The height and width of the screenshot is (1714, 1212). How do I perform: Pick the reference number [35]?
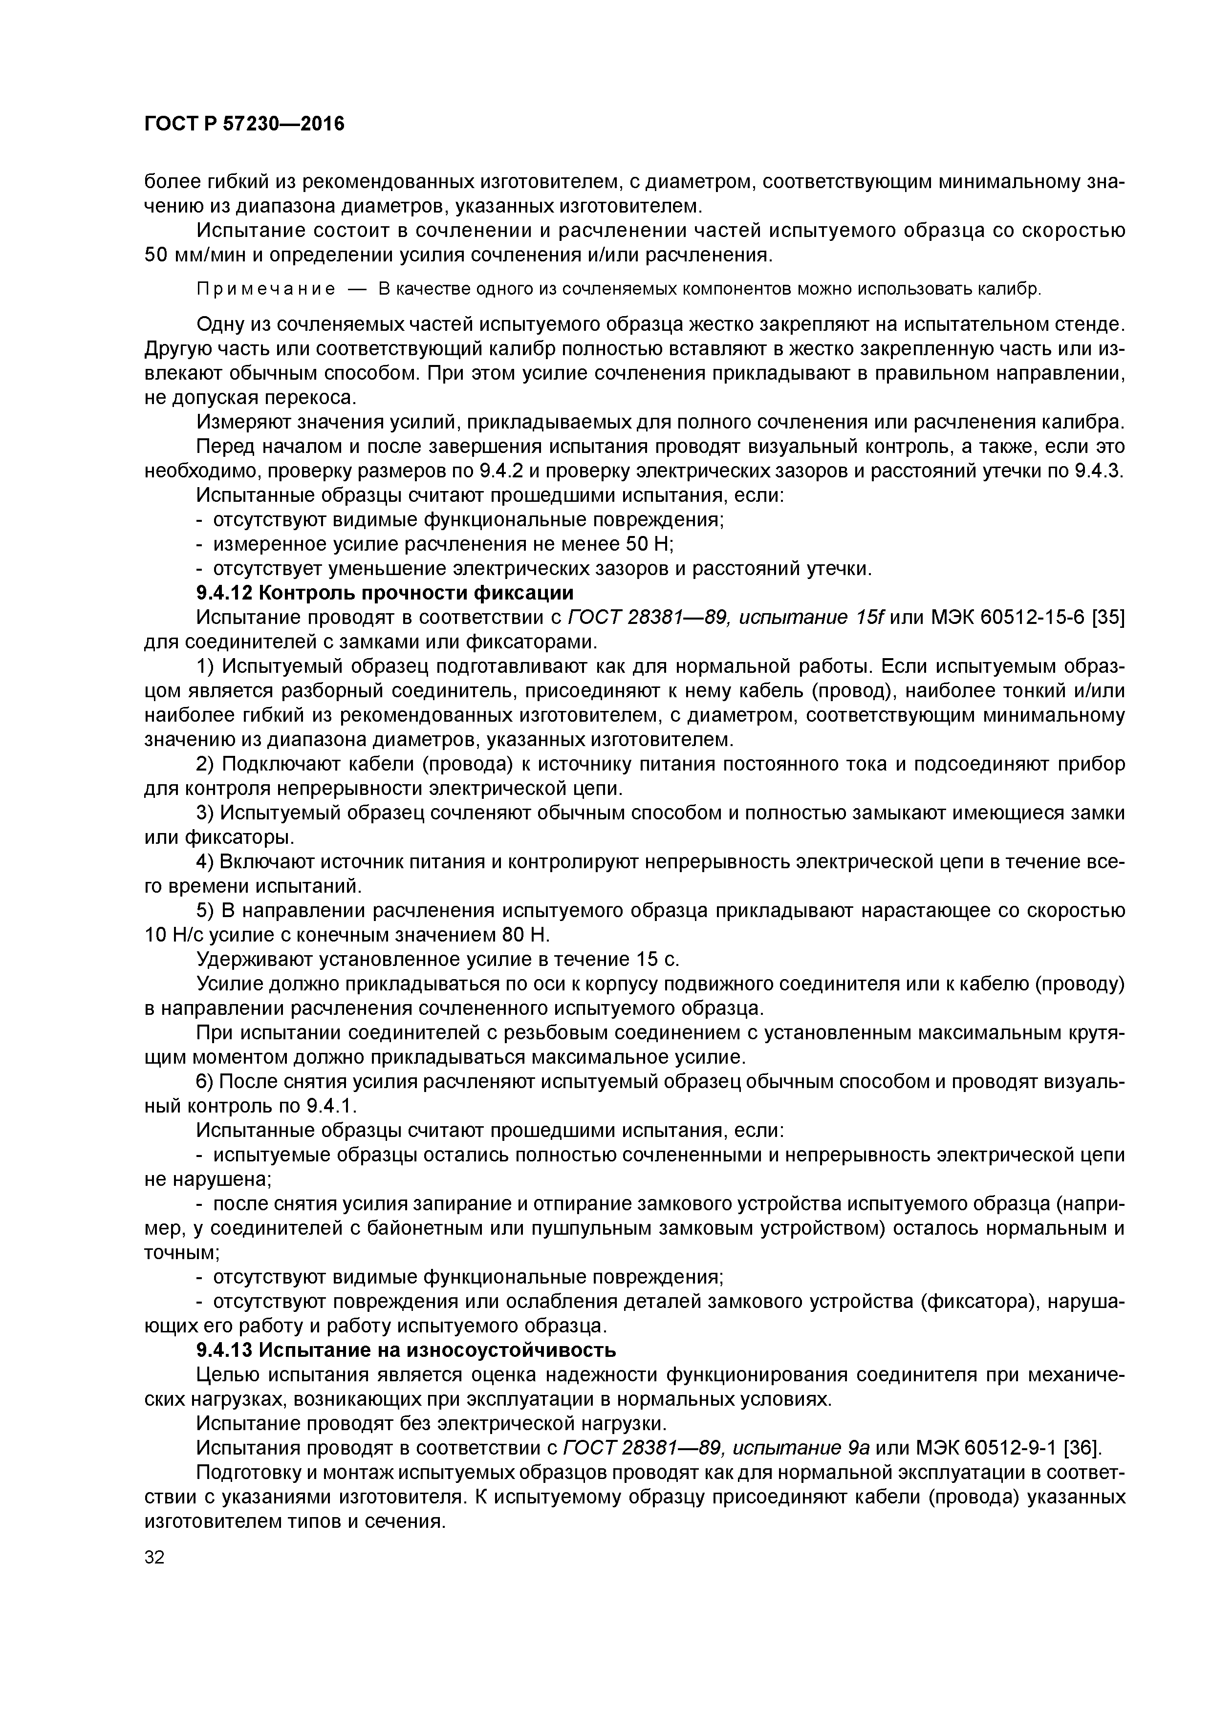click(x=1108, y=618)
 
